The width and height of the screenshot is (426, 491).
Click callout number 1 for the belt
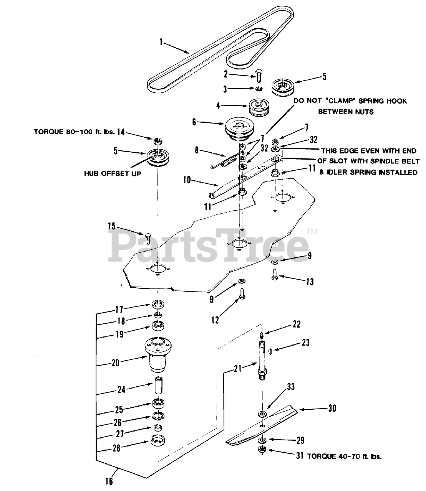coord(161,42)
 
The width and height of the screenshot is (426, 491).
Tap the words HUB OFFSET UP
coord(113,173)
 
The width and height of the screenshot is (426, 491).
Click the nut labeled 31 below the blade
coord(261,450)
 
